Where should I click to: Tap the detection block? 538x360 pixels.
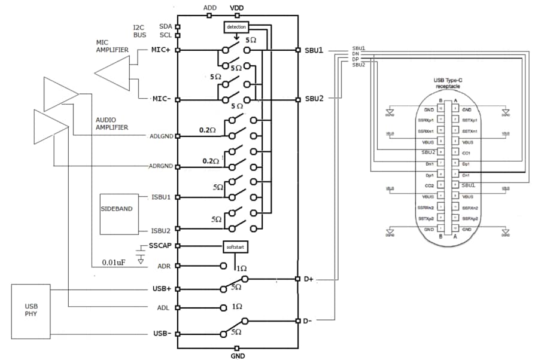[236, 27]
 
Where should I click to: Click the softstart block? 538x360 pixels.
[235, 246]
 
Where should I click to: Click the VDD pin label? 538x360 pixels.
[237, 7]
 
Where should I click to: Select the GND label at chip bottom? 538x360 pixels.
[238, 355]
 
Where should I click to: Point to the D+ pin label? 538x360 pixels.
[308, 279]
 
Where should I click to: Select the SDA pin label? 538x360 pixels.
[166, 26]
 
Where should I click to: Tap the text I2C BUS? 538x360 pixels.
[139, 31]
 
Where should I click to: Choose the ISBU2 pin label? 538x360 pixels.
[162, 230]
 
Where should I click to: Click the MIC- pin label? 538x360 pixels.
[161, 98]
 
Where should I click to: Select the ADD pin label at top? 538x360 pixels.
[210, 7]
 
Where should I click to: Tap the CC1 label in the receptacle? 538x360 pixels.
[468, 152]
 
